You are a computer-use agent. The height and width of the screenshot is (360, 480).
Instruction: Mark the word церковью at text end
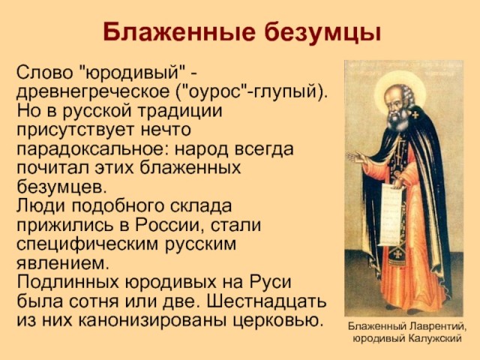point(277,320)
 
